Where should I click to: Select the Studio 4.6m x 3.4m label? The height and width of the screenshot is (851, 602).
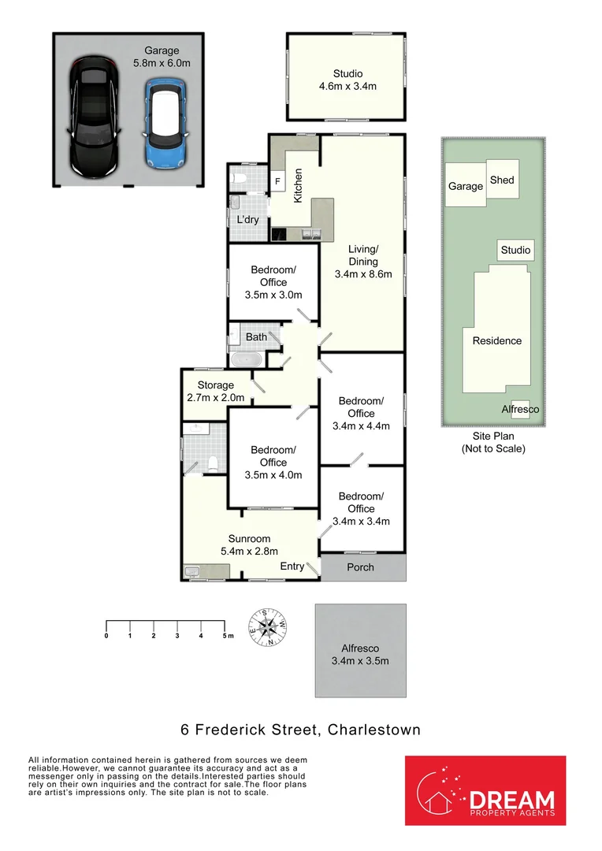(x=347, y=80)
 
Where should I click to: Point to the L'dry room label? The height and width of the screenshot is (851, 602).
(x=247, y=220)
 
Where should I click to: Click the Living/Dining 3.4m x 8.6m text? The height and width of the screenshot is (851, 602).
(x=363, y=262)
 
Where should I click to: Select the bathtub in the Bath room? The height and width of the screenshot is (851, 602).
(x=247, y=359)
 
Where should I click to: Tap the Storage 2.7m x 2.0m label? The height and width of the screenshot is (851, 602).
(x=215, y=392)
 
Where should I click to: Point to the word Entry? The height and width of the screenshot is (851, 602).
(x=292, y=567)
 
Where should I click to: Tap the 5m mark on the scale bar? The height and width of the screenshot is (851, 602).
(x=225, y=635)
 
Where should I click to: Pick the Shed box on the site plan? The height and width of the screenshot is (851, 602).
(x=502, y=180)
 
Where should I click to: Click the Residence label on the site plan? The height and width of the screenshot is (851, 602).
(x=496, y=341)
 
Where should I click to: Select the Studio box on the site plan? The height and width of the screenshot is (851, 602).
(x=516, y=251)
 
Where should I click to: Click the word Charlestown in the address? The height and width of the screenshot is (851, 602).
(x=370, y=730)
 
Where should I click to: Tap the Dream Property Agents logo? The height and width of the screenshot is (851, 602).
(x=485, y=790)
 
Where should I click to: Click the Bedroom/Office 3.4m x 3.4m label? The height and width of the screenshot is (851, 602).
(x=361, y=508)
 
